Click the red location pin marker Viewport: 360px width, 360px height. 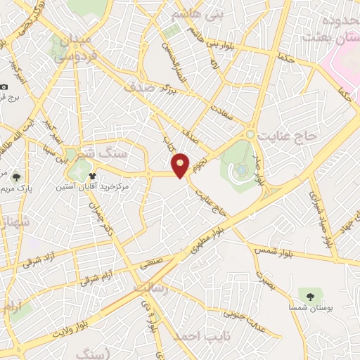[181, 165]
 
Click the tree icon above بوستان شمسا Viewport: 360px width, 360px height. [307, 294]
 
